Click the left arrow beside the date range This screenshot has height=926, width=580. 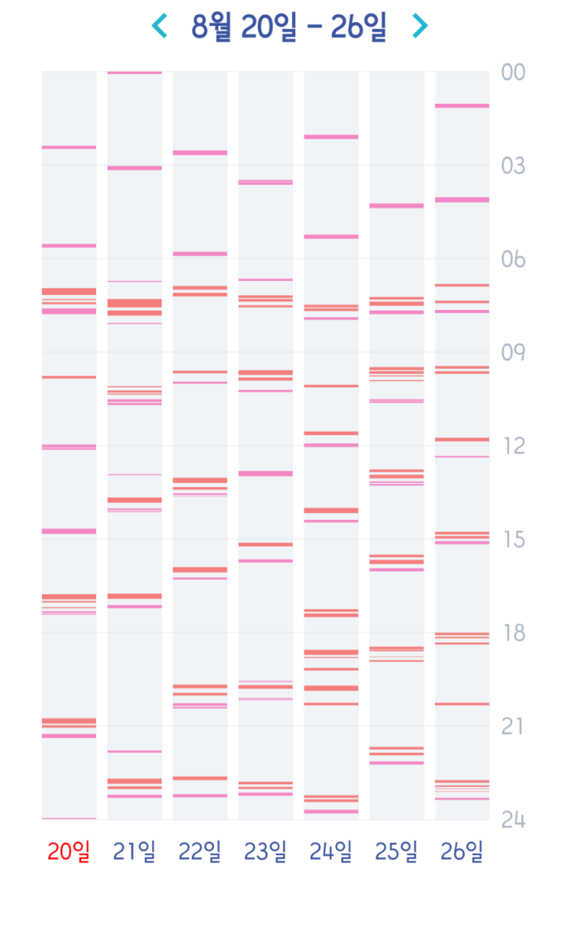[x=159, y=27]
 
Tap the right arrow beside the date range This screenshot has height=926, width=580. [x=420, y=27]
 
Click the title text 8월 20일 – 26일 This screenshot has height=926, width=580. [x=289, y=27]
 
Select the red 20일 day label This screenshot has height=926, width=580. [x=69, y=852]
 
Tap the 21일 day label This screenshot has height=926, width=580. [x=134, y=852]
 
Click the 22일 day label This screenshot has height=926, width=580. [x=200, y=852]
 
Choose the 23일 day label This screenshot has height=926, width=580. [x=265, y=852]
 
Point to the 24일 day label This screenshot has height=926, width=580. [x=331, y=852]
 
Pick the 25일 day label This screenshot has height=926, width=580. [x=397, y=852]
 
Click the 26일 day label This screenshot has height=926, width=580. [x=462, y=852]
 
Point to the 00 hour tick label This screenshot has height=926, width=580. [x=513, y=73]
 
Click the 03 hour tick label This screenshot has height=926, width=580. [x=513, y=166]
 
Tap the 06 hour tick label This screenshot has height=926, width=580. [x=513, y=259]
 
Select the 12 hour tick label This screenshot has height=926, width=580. [x=513, y=446]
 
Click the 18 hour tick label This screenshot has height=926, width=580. [x=513, y=633]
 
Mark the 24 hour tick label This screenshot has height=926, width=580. [x=513, y=820]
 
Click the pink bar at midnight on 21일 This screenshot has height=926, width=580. [x=134, y=73]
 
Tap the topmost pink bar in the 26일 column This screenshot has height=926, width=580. [x=462, y=105]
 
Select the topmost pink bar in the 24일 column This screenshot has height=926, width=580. [x=331, y=137]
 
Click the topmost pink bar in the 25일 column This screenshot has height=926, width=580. [x=397, y=205]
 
